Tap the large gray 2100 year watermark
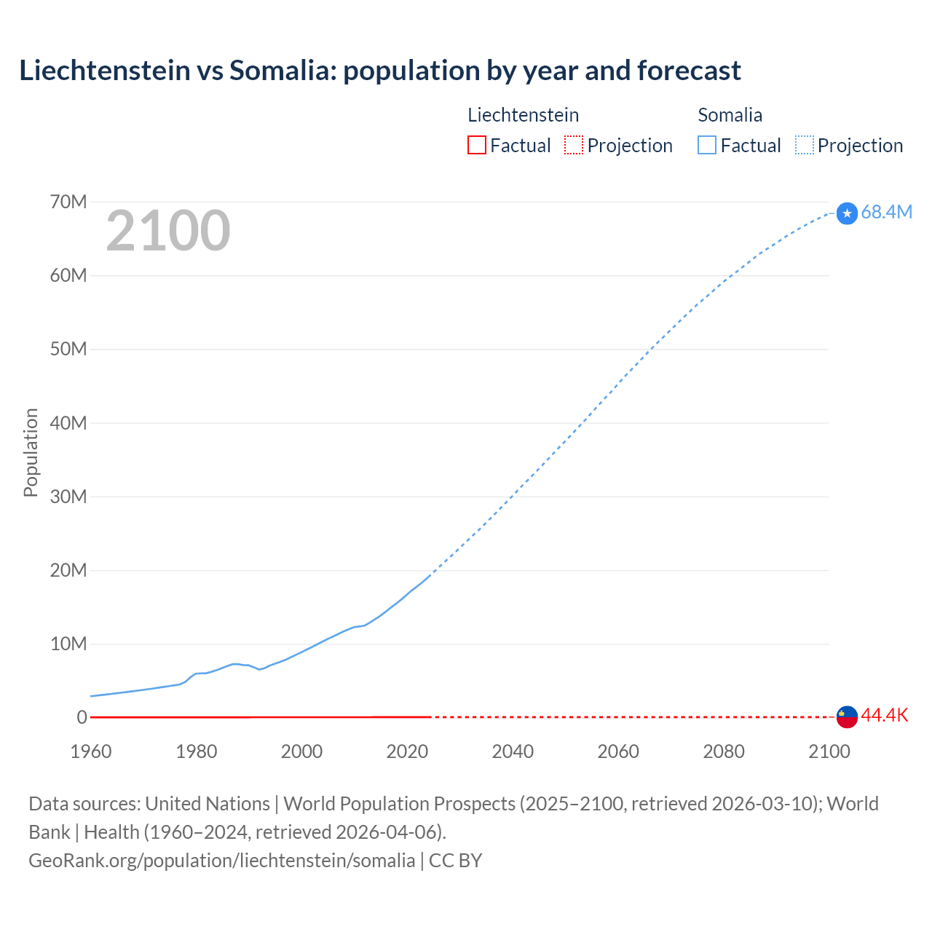coord(168,231)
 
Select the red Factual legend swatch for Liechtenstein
coord(476,145)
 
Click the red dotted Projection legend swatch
coord(574,145)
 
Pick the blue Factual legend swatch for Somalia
coord(707,145)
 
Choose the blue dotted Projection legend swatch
coord(805,145)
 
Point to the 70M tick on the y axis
coord(68,202)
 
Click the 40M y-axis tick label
coord(68,423)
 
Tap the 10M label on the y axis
coord(68,644)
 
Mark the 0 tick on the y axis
coord(82,717)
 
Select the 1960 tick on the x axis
coord(91,751)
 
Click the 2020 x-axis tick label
coord(407,751)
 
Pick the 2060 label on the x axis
coord(618,751)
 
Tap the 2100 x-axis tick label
coord(829,751)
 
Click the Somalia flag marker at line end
coord(847,213)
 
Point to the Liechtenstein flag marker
coord(847,716)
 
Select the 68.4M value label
coord(886,212)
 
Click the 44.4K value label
coord(885,716)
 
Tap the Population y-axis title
coord(31,452)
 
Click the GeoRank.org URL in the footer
coord(221,860)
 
